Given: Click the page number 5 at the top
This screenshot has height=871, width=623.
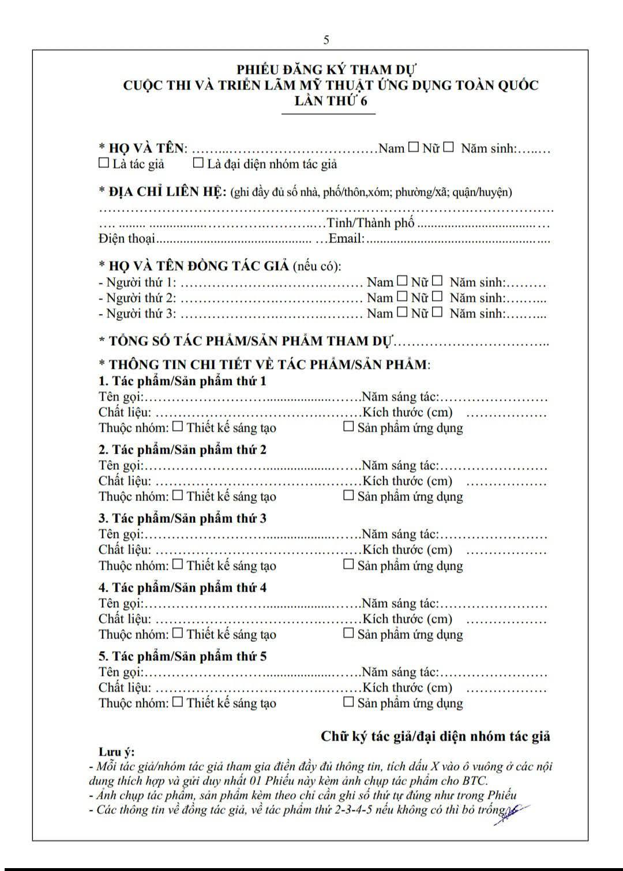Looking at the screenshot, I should point(326,40).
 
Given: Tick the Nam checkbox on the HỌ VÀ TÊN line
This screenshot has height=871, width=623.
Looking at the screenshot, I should point(414,147).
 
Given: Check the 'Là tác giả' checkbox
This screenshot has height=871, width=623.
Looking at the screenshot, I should point(104,163).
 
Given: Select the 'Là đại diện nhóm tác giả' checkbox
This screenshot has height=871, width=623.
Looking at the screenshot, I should point(198,163).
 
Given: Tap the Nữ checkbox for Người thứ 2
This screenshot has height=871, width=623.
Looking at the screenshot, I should point(437,297).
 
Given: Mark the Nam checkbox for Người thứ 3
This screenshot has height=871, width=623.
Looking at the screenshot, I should point(402,312).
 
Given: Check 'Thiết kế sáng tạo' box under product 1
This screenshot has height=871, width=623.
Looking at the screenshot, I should point(178,427).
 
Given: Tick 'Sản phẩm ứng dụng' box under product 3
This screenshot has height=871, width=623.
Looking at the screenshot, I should point(348,564).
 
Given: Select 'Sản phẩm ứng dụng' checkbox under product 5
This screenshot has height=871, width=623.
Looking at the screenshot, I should point(348,702).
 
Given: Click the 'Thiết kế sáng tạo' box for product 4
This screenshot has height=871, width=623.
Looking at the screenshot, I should point(178,633).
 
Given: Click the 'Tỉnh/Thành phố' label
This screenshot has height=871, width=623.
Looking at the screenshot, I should point(370,223).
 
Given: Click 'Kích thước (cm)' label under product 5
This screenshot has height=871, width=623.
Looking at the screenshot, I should point(407,687).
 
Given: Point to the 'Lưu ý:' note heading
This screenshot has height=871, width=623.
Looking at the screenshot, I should point(116,752).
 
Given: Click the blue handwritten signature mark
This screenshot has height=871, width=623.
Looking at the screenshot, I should point(511,814).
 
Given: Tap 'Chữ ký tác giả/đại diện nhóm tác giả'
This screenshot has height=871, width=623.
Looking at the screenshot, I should point(436,736).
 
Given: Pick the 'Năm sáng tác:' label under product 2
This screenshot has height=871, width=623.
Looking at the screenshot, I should point(400,465).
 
